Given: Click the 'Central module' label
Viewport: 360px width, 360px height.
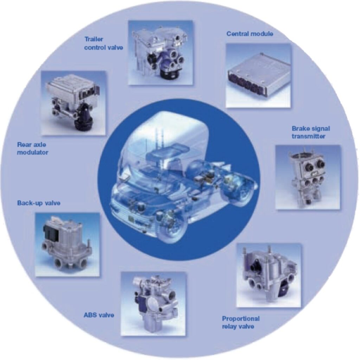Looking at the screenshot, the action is tap(250, 34).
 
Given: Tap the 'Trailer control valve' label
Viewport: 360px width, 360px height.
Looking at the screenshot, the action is tap(104, 43).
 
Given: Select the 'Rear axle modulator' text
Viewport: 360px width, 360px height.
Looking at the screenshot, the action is tap(33, 149).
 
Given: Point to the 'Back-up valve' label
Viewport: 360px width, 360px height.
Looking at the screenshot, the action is tap(39, 203).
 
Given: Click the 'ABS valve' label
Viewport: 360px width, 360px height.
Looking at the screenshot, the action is tap(99, 315).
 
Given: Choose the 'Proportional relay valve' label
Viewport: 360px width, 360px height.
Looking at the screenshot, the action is tap(240, 322).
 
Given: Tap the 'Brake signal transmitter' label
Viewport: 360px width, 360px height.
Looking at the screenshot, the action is tap(311, 132).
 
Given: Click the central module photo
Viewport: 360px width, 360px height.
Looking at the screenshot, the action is tap(258, 75).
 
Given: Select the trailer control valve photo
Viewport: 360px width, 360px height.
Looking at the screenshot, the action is tap(160, 53).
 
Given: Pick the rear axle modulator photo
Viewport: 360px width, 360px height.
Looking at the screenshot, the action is tap(74, 103).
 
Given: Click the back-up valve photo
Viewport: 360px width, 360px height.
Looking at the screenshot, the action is tap(67, 244).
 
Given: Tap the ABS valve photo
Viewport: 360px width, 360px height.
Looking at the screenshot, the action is tap(153, 304).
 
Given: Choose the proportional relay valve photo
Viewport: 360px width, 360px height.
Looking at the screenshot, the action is tap(269, 275).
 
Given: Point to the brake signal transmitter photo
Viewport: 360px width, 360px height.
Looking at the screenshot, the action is tap(308, 177).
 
